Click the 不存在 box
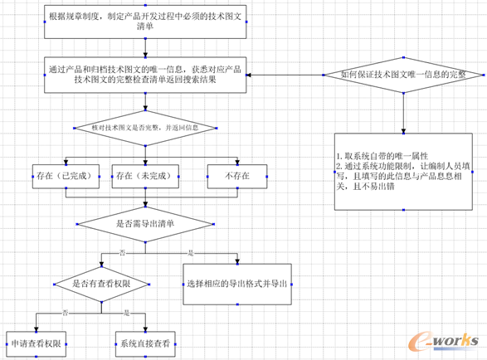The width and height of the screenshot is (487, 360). pos(236,176)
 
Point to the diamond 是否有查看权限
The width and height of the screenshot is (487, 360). pos(101,283)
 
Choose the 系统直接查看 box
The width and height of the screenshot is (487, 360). pos(146,342)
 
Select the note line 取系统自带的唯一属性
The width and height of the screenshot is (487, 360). pos(382,156)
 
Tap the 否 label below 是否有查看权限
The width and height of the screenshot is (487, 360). pos(65,312)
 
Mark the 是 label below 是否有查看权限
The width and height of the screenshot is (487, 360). pos(126,312)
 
